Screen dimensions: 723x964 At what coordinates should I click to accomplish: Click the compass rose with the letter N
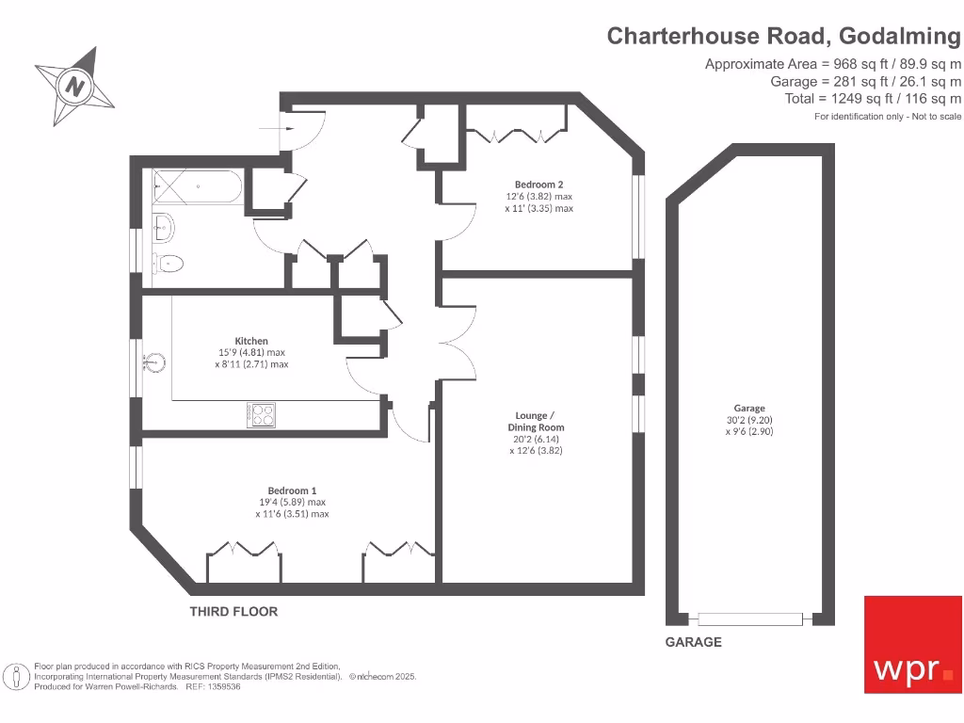[74, 87]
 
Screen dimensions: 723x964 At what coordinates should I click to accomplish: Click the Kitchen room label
[251, 341]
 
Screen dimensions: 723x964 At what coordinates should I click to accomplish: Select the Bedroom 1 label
[292, 490]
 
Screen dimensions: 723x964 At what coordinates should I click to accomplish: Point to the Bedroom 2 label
[538, 185]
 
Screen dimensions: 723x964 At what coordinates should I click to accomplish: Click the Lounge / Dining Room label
[536, 421]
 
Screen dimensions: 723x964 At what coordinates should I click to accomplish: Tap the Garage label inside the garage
[749, 409]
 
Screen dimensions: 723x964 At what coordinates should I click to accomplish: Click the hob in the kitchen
[262, 414]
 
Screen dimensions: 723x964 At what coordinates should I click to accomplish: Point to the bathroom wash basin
[162, 225]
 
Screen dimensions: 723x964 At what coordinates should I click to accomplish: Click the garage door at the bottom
[750, 619]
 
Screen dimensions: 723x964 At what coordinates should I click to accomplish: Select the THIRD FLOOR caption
[233, 611]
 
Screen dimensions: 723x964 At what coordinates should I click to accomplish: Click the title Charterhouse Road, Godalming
[784, 36]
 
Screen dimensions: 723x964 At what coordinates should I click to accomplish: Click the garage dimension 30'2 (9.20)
[749, 420]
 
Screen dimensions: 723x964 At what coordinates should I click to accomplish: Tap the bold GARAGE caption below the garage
[694, 642]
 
